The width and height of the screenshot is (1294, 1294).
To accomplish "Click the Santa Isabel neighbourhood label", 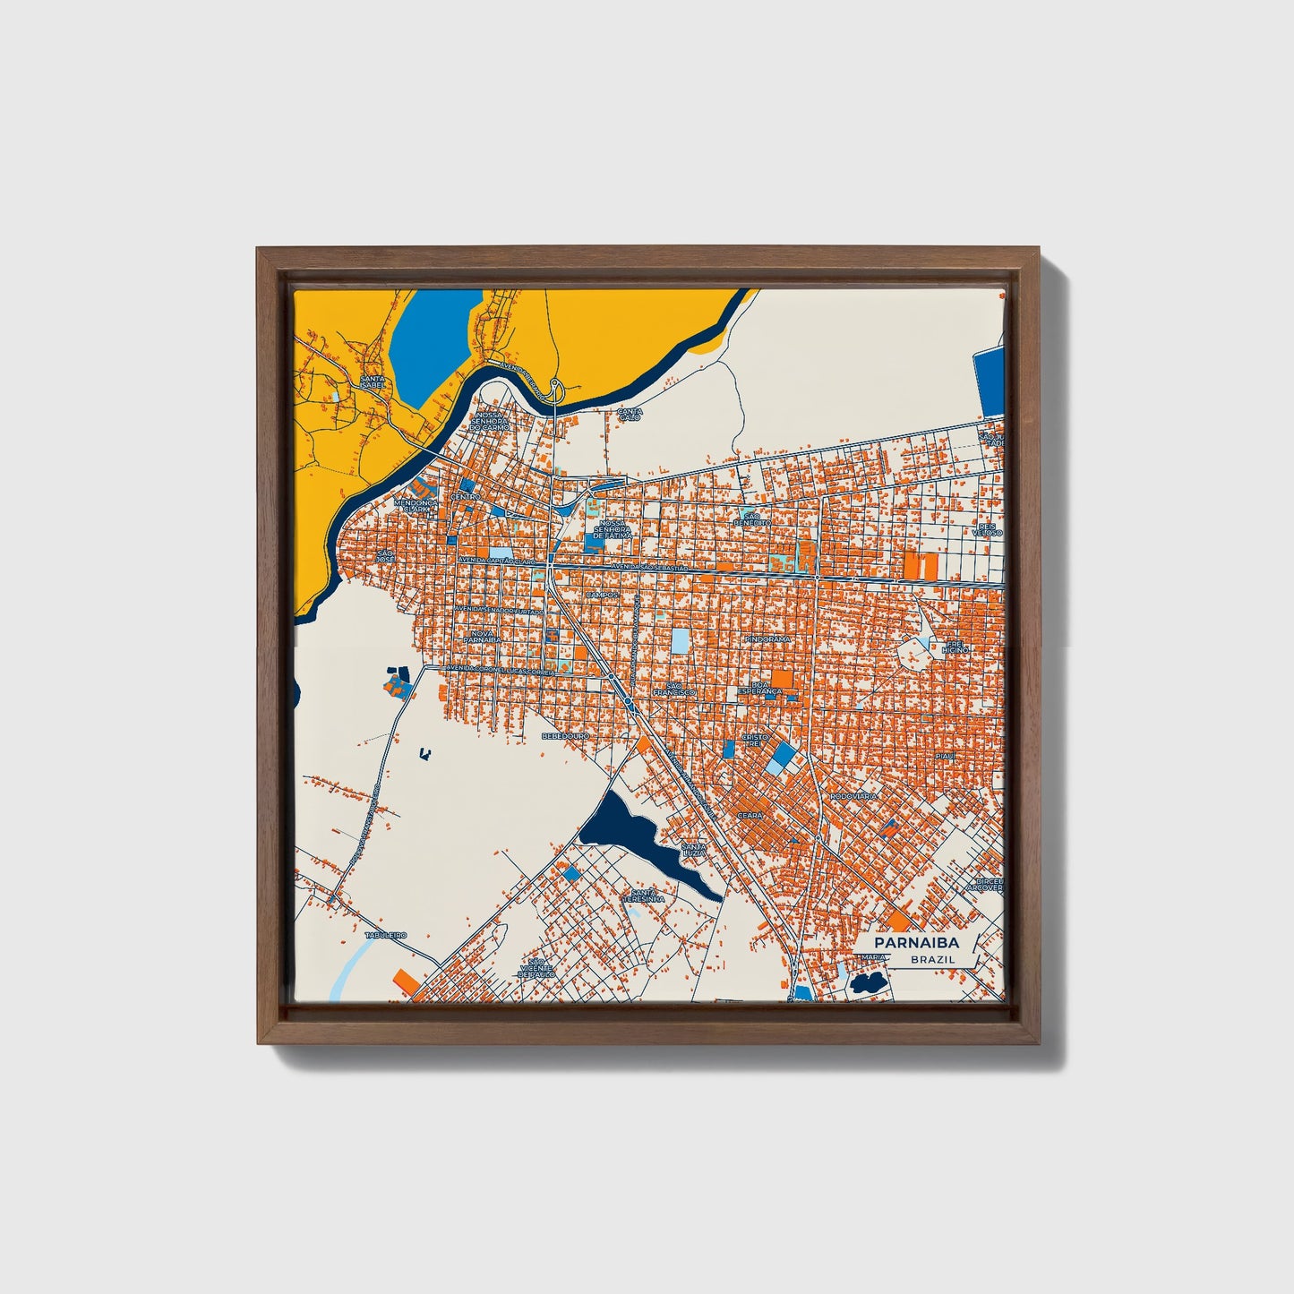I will pyautogui.click(x=372, y=382).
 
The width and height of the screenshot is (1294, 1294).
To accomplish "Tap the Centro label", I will pyautogui.click(x=466, y=496).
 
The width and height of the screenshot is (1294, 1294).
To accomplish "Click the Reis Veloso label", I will pyautogui.click(x=990, y=529).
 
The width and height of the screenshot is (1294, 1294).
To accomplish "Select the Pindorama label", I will pyautogui.click(x=767, y=639).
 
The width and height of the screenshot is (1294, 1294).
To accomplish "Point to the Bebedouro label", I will pyautogui.click(x=566, y=735).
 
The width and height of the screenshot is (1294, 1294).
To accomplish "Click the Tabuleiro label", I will pyautogui.click(x=385, y=935).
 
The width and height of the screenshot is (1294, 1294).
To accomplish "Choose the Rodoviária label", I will pyautogui.click(x=853, y=795).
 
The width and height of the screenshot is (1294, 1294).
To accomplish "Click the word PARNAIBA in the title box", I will pyautogui.click(x=916, y=942).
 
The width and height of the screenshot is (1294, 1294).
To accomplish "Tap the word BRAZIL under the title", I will pyautogui.click(x=932, y=959).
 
